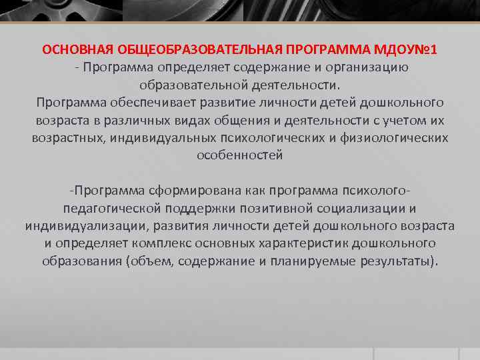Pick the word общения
point(221,121)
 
